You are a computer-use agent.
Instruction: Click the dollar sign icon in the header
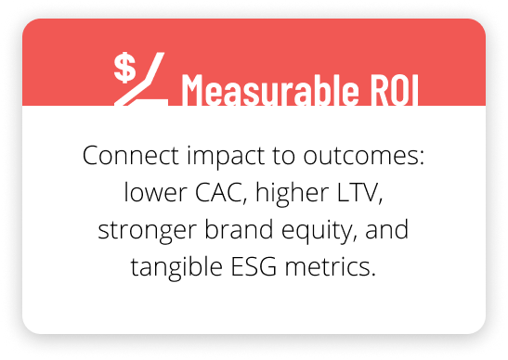125,68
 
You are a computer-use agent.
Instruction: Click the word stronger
144,231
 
